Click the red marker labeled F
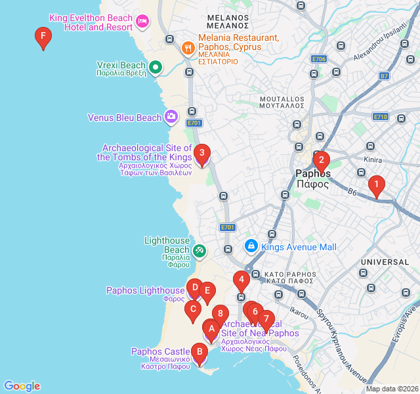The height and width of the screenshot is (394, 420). [43, 37]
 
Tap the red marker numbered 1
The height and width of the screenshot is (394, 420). [376, 185]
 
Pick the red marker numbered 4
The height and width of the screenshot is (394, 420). [241, 280]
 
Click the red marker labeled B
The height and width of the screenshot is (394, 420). [198, 353]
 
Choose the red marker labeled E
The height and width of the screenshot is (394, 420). [207, 292]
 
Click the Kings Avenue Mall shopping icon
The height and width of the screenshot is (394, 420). [251, 246]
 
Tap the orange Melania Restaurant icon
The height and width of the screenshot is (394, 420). [187, 47]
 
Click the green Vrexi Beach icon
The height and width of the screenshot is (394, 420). [156, 66]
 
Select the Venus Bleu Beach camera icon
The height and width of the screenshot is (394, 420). [171, 117]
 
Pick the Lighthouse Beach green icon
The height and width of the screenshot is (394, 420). [199, 250]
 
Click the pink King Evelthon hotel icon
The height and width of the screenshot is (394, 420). [142, 22]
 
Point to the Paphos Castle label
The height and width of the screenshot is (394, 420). [160, 352]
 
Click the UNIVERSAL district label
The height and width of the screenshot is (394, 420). [385, 262]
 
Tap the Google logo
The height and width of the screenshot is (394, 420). [22, 386]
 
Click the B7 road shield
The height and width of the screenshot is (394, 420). [384, 76]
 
